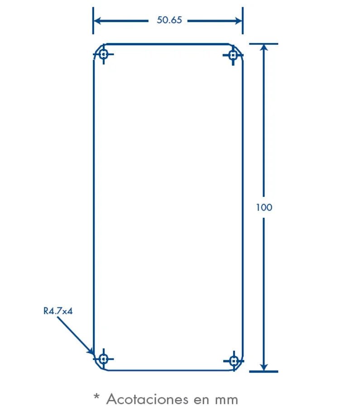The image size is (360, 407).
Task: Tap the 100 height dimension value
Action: (x=264, y=207)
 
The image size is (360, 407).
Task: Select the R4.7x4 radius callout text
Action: (x=58, y=311)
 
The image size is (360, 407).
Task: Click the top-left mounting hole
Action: (x=104, y=55)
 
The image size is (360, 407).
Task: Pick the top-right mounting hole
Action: (x=233, y=55)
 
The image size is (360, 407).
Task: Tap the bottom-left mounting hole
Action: (x=104, y=359)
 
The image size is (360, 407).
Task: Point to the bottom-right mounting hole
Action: (x=234, y=361)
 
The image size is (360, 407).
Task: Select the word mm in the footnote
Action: (x=226, y=399)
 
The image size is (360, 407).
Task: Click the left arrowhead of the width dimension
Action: (x=98, y=20)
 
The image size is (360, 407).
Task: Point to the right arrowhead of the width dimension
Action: (x=238, y=20)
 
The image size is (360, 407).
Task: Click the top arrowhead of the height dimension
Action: (x=264, y=48)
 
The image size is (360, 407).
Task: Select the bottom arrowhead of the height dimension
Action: (x=264, y=367)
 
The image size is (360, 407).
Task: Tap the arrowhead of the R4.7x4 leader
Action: (x=91, y=352)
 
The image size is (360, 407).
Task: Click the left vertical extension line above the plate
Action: (x=93, y=27)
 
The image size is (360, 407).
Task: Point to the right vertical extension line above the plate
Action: (x=243, y=27)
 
